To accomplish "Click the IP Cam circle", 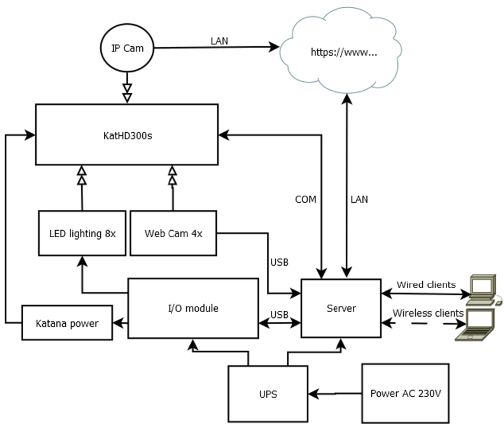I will click(127, 48).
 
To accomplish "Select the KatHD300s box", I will click(127, 135).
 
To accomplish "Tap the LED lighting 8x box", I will click(82, 233).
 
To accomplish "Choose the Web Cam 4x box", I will click(173, 233).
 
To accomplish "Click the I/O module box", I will click(193, 308).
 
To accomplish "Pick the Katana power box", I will click(67, 323).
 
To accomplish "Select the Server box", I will click(341, 308).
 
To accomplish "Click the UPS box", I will click(268, 394).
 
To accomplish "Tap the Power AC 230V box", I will click(406, 393).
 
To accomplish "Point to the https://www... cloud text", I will click(344, 52).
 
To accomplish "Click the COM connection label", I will click(305, 199).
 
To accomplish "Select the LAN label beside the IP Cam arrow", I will click(219, 41).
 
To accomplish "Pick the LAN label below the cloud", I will click(359, 199).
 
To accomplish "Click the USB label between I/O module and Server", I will click(280, 314).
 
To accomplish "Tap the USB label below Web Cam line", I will click(279, 262).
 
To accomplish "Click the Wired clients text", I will click(426, 285).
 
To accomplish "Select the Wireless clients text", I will click(428, 313).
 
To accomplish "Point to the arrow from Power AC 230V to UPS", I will click(335, 393).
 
